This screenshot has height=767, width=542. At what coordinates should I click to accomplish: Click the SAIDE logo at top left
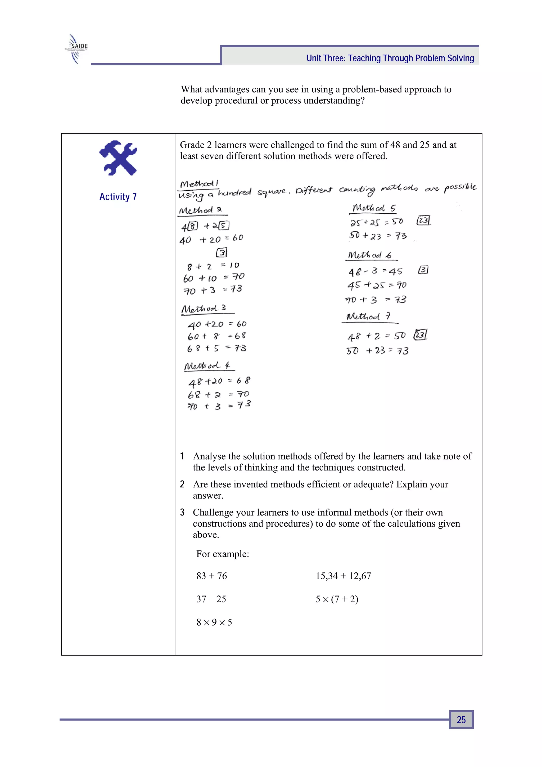click(76, 49)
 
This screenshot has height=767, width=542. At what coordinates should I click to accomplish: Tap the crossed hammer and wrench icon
click(118, 158)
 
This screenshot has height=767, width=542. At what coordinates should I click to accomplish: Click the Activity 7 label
click(118, 197)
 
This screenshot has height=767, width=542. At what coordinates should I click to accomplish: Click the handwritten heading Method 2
click(201, 210)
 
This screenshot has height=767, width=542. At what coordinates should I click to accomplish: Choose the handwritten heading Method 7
click(368, 316)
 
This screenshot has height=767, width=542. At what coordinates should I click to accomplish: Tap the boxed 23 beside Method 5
click(423, 221)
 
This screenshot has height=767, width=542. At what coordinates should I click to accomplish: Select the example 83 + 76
click(211, 576)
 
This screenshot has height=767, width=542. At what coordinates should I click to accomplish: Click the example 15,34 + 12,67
click(343, 576)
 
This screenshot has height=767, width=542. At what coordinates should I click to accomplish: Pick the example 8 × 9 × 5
click(214, 622)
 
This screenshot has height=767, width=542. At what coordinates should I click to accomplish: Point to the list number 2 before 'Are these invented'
click(182, 485)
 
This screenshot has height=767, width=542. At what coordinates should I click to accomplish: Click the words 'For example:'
click(222, 554)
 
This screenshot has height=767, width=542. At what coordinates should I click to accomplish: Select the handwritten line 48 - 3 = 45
click(375, 272)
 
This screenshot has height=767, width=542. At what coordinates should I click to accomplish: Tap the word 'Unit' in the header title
click(314, 59)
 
